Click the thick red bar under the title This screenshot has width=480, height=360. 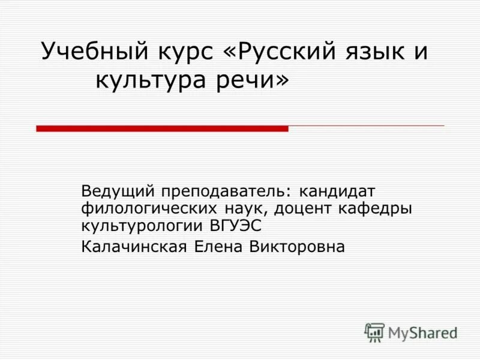tap(162, 128)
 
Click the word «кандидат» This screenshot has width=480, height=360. tap(338, 192)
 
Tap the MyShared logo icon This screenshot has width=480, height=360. tap(375, 332)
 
